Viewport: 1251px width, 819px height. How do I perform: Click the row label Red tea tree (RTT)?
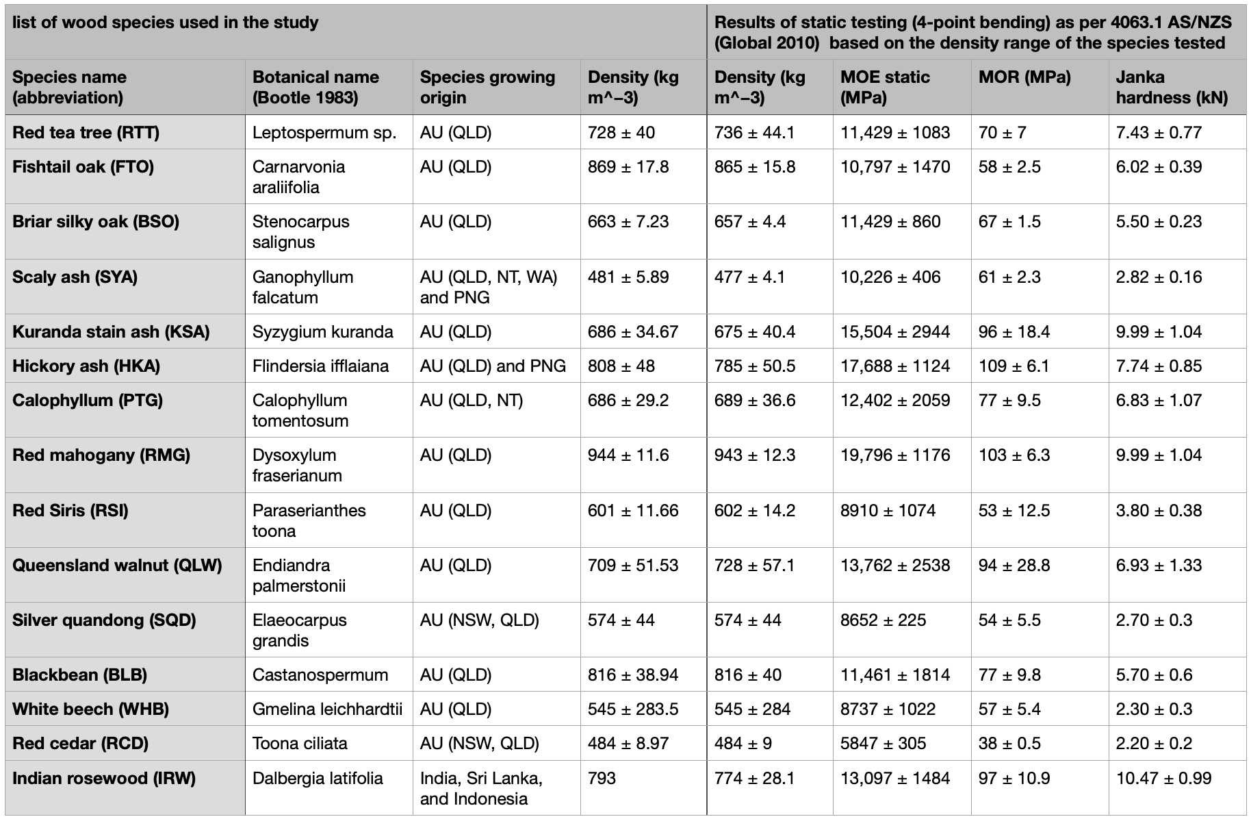click(x=86, y=132)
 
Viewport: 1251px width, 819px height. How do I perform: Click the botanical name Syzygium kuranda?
click(x=323, y=332)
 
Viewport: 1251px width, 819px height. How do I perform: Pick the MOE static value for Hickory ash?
click(x=895, y=366)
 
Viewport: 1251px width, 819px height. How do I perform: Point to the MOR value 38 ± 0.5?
click(x=1009, y=744)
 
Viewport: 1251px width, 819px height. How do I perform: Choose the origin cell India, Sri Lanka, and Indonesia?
click(x=481, y=788)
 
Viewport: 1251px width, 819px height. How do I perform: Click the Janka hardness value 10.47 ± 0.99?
click(x=1163, y=779)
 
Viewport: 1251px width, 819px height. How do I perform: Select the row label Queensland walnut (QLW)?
click(x=117, y=566)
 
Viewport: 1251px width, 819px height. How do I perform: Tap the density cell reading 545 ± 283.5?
click(x=633, y=709)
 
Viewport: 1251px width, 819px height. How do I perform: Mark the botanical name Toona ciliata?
click(x=300, y=744)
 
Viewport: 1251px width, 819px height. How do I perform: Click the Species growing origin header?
click(x=487, y=87)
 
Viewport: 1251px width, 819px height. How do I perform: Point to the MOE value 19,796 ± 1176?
click(x=895, y=455)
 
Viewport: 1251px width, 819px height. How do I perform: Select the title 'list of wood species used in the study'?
click(x=166, y=23)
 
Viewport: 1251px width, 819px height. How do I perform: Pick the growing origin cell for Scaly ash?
click(x=489, y=287)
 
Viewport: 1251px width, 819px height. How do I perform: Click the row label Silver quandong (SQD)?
click(x=104, y=620)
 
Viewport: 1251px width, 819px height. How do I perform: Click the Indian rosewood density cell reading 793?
click(x=602, y=779)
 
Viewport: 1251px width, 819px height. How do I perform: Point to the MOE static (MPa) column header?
click(x=885, y=87)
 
